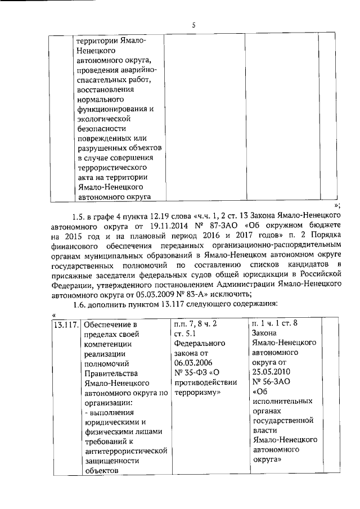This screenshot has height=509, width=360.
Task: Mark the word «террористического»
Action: click(111, 168)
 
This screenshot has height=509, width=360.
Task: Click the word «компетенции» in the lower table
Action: click(107, 344)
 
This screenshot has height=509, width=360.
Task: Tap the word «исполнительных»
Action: click(282, 402)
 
